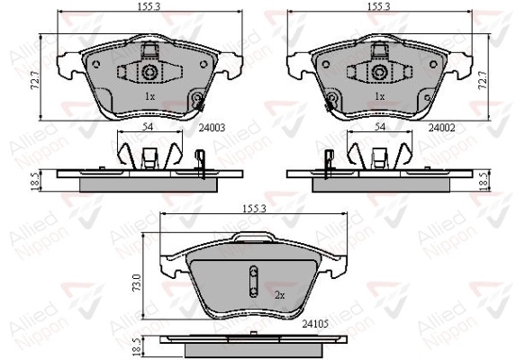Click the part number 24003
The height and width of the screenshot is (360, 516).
pos(212,127)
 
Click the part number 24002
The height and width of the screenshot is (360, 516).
pos(441,127)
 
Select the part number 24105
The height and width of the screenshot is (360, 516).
pos(315,324)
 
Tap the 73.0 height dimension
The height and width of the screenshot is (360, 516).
pos(137,282)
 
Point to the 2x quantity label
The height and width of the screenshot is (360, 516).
pos(279,295)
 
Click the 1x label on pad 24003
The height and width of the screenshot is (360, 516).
pos(149,96)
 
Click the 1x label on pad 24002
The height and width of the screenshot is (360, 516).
pos(380,96)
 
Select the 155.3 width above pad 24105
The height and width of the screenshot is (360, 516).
pos(254,209)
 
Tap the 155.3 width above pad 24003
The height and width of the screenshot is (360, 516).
pos(149,6)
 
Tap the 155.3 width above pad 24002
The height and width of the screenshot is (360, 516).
pos(378,6)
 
